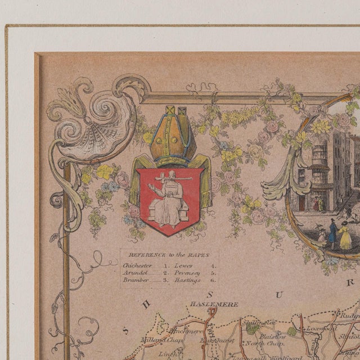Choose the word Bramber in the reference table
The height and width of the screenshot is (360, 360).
tap(135, 280)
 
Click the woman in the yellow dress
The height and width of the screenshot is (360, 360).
tap(344, 236)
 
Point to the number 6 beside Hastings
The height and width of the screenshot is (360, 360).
tap(213, 280)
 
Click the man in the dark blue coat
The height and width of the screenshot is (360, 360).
tap(332, 232)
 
